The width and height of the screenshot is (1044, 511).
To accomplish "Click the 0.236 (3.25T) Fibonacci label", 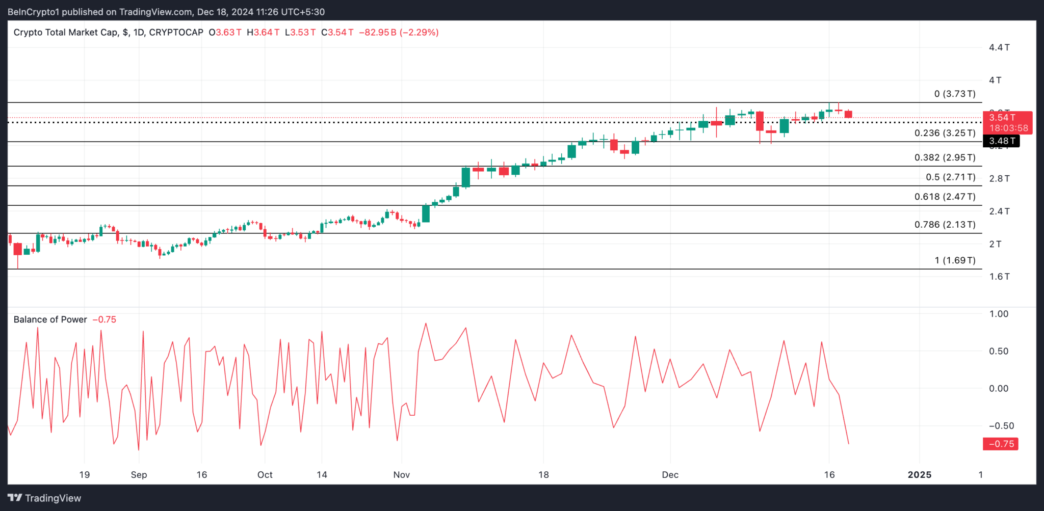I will click(x=945, y=133).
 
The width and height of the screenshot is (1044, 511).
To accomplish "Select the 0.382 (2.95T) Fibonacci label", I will click(x=945, y=157).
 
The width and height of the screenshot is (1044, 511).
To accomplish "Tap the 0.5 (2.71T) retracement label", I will click(x=950, y=177).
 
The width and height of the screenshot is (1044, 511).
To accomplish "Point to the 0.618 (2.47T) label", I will click(x=945, y=197).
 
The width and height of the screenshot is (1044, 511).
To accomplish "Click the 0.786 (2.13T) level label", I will click(x=945, y=225).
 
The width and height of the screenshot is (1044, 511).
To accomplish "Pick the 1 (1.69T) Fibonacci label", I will click(x=955, y=260).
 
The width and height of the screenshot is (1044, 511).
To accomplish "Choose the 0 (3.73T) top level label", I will click(x=955, y=94).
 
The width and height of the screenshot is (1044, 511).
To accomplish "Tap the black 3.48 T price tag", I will click(x=1001, y=141).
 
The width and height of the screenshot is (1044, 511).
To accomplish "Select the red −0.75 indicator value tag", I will click(x=1001, y=444).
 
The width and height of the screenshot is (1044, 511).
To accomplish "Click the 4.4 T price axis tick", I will click(x=999, y=47).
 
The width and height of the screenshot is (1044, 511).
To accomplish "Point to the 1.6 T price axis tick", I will click(x=999, y=277).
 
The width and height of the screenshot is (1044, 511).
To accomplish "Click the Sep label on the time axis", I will click(x=139, y=475).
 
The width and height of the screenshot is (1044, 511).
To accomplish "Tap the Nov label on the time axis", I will click(x=401, y=475).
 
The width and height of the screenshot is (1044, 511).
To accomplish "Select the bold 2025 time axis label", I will click(x=920, y=475).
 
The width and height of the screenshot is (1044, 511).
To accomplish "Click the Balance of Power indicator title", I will click(x=50, y=319).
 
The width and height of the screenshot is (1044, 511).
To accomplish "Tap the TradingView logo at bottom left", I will click(x=44, y=498).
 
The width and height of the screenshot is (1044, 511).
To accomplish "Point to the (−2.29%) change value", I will click(x=419, y=32).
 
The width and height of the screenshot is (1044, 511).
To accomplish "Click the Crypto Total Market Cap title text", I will click(x=66, y=32).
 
